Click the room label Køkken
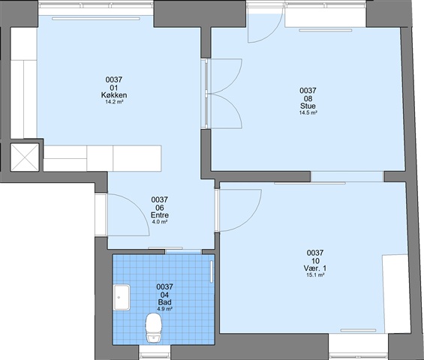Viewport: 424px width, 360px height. [114, 95]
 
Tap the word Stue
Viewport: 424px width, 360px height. [308, 106]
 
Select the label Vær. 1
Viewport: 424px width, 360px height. [315, 268]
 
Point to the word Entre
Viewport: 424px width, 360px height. [160, 215]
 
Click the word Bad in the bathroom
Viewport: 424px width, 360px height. [164, 302]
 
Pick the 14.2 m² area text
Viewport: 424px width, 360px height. [114, 102]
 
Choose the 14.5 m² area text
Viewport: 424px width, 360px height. [308, 112]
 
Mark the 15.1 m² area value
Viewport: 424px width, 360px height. [315, 275]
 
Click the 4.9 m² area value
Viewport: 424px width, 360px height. [164, 309]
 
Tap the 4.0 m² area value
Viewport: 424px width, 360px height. [160, 222]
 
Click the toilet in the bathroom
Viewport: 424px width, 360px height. [154, 328]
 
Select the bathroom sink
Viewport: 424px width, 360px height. [122, 297]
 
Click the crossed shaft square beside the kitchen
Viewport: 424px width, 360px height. [25, 157]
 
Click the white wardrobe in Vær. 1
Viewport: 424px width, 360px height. [396, 294]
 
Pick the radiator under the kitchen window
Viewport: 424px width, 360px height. [96, 19]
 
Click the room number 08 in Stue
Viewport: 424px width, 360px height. [308, 99]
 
